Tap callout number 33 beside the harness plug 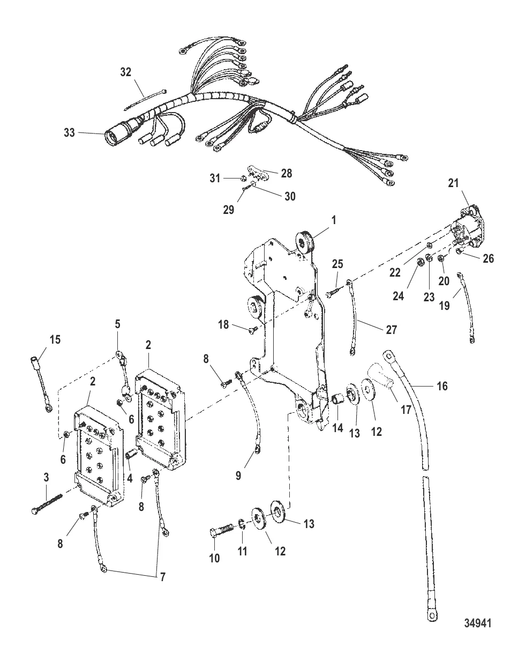[69, 132]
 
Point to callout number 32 [125, 72]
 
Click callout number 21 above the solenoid [453, 183]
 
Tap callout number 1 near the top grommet [334, 220]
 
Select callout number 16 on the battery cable [442, 386]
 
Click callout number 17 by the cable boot [406, 409]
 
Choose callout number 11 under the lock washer [242, 551]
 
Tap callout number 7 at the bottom [162, 577]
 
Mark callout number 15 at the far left [55, 339]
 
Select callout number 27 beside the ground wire [391, 330]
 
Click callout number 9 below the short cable [238, 476]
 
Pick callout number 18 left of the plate [223, 324]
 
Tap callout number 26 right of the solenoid [488, 258]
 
